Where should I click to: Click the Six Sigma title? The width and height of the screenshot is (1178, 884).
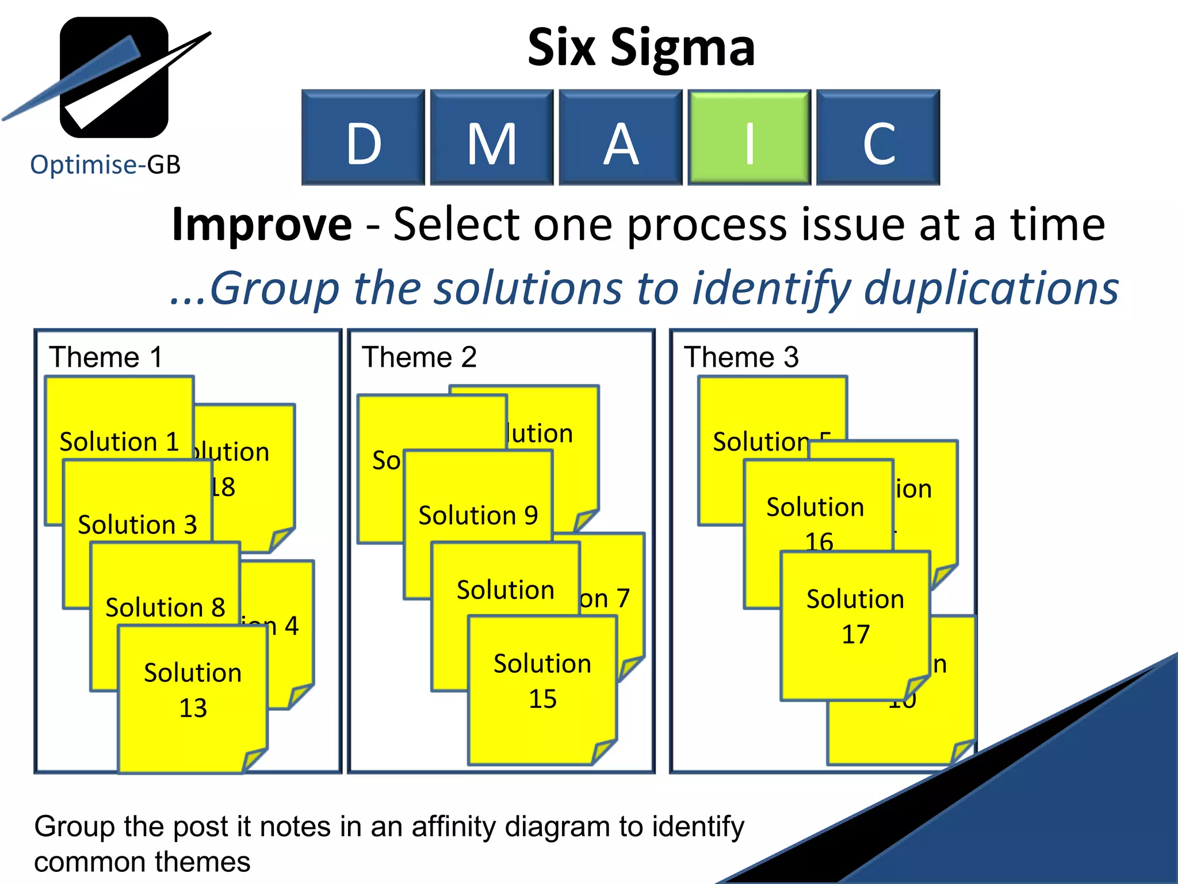[641, 47]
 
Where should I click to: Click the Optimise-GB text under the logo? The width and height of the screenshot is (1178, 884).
[105, 165]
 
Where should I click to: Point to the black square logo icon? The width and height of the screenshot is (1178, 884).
[114, 77]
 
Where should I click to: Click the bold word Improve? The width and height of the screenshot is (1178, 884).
[262, 224]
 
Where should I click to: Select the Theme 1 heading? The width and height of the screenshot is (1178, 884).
[106, 357]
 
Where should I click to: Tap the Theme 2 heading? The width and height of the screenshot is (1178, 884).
[419, 357]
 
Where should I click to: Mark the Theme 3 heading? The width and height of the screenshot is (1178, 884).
[741, 357]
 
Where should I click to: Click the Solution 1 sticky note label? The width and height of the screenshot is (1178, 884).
[119, 442]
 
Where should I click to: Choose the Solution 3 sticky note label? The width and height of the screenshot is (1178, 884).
[137, 525]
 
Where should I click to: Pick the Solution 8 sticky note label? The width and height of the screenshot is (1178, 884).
[165, 608]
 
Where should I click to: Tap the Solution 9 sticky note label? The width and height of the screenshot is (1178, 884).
[478, 516]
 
